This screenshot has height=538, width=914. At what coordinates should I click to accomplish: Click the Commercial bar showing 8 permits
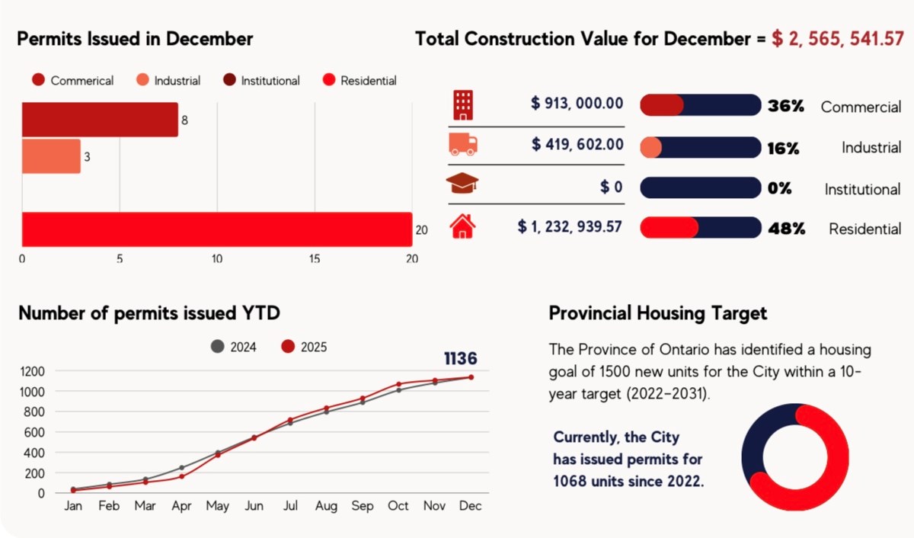99,120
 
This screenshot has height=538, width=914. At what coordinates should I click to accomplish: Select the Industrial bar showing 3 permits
50,156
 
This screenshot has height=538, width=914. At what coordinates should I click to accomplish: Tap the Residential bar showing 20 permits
216,229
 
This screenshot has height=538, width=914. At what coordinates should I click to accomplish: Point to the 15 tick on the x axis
315,259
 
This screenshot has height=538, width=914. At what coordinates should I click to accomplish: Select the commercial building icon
463,105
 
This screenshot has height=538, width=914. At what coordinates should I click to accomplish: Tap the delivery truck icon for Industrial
463,145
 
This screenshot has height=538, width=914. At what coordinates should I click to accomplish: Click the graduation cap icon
463,184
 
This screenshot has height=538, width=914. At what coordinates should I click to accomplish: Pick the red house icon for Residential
463,226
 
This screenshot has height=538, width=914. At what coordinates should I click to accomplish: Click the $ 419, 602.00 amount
577,144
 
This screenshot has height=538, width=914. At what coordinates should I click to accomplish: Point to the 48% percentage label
786,229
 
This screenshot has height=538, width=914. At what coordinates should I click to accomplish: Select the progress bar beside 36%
700,105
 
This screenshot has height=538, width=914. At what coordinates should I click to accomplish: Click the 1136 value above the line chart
460,358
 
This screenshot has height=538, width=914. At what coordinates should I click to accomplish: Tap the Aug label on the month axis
326,506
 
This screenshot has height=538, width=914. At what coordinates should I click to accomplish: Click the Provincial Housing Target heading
657,313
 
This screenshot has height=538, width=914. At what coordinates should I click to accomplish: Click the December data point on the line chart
471,377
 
